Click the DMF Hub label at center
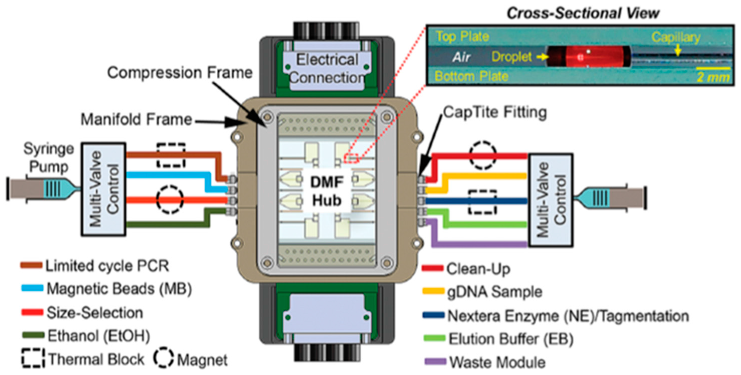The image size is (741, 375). (327, 191)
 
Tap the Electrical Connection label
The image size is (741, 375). (327, 68)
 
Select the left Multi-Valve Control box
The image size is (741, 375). (103, 189)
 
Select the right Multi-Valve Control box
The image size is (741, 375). (551, 200)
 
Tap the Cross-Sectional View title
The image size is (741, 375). (583, 13)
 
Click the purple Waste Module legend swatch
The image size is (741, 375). (435, 361)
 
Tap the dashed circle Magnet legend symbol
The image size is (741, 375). (163, 358)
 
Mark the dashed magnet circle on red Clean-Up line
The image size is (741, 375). (483, 155)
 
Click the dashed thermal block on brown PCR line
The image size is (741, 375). (171, 155)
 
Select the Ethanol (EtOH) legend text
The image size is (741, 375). (99, 336)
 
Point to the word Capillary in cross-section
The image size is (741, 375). (676, 37)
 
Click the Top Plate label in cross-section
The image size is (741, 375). (463, 36)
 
